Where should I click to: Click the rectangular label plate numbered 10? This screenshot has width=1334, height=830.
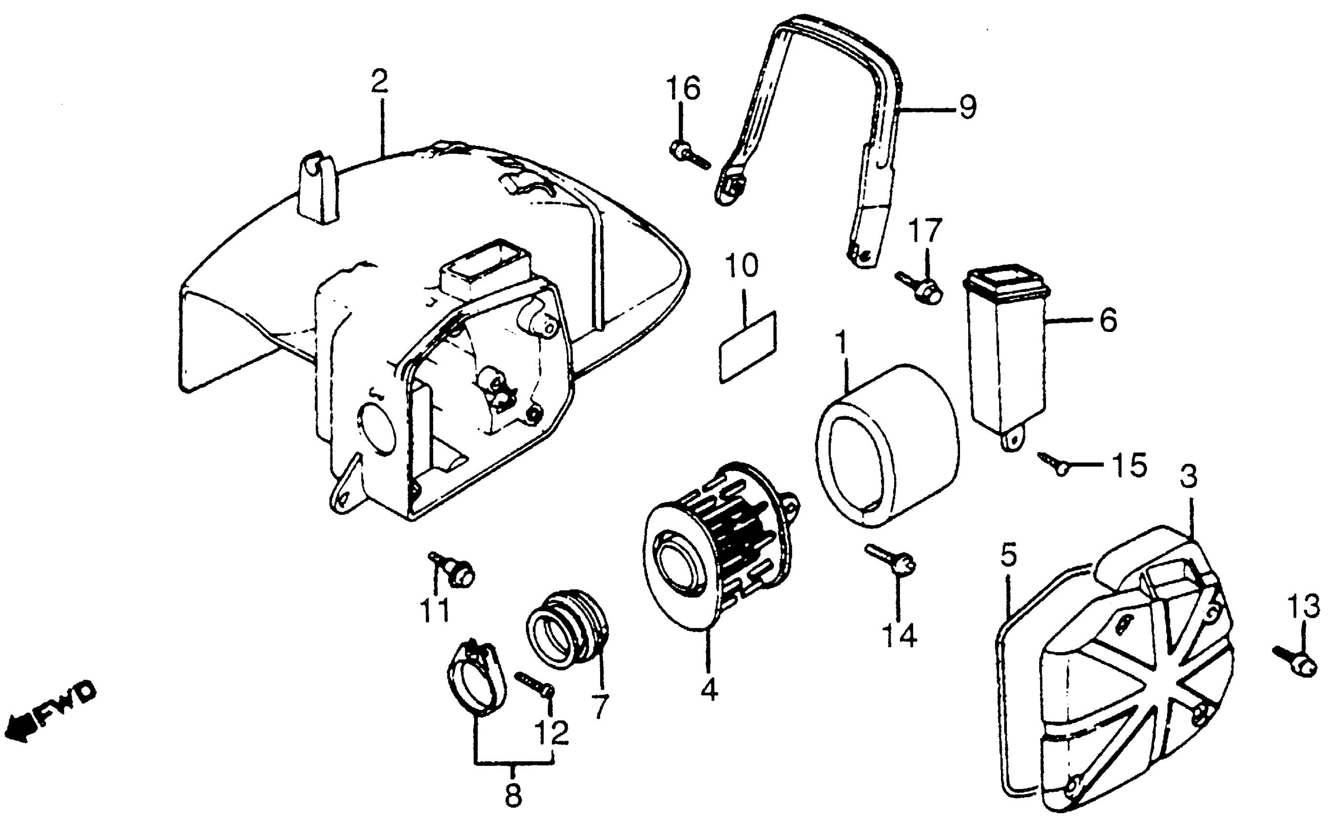tap(748, 346)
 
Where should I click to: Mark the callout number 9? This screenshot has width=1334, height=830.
tap(968, 107)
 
